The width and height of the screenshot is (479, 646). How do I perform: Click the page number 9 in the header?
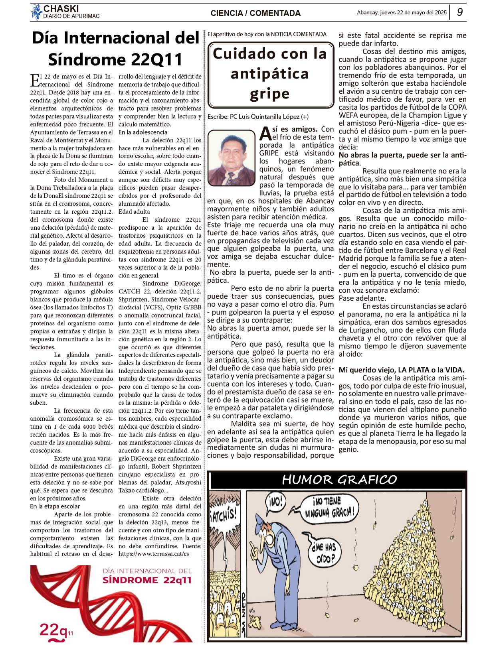pos(460,12)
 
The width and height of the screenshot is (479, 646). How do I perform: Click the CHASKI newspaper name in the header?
pos(61,8)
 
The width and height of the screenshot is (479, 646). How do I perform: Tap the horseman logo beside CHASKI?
pos(36,12)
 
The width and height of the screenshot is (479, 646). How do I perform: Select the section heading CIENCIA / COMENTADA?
pos(255,13)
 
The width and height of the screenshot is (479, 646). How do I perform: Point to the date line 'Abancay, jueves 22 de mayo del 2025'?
pos(402,12)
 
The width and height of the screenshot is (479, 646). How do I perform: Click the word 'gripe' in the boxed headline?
pos(269,94)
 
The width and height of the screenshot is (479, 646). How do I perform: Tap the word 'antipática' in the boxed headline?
pos(269,74)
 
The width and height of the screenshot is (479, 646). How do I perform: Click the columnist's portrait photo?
pos(232,158)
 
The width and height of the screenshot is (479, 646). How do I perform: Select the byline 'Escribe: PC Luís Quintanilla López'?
pos(258,117)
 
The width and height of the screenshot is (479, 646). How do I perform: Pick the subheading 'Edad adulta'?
pos(134,212)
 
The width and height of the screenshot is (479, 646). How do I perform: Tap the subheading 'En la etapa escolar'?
pos(55,506)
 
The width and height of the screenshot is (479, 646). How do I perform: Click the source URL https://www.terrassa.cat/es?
pos(154,554)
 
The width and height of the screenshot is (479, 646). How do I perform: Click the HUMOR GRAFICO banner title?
pos(339,479)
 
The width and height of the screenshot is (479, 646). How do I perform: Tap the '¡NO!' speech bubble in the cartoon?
pos(275,501)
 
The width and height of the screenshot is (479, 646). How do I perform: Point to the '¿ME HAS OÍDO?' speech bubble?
pos(323,552)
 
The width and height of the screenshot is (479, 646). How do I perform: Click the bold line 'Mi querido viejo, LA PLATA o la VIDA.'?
pos(401,370)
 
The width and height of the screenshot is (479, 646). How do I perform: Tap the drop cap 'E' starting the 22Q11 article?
pos(35,80)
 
